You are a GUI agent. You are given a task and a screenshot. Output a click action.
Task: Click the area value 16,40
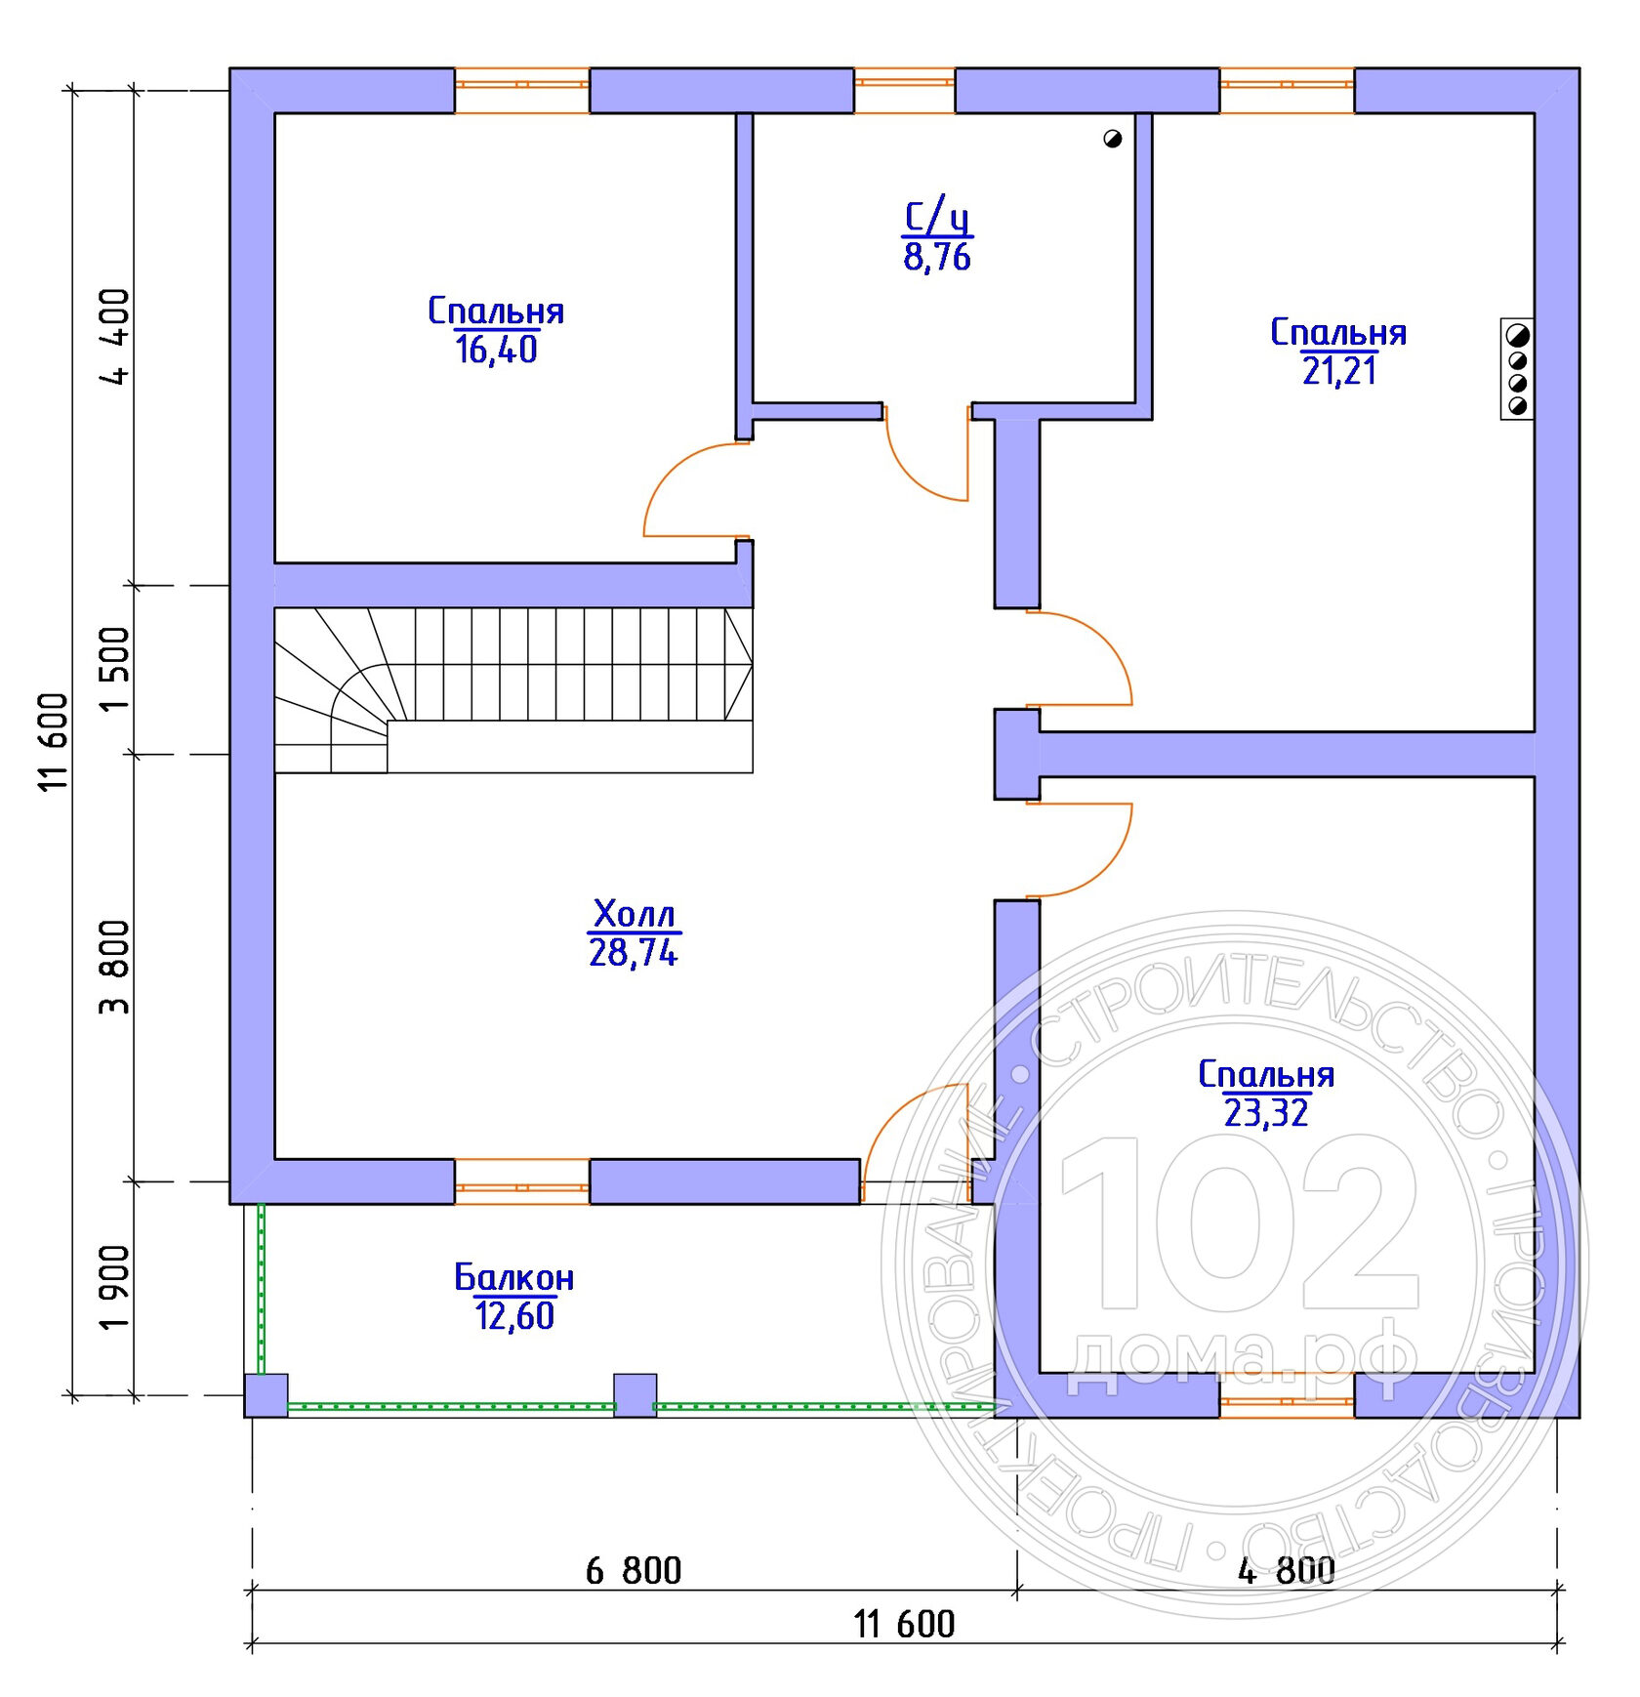pos(496,350)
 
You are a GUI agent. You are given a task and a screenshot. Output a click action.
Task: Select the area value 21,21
pos(1338,371)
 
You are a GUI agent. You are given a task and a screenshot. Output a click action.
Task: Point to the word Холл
pos(634,914)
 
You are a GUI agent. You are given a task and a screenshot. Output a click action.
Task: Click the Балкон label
pos(514,1277)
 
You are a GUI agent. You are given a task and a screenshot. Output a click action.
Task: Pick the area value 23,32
pos(1265,1113)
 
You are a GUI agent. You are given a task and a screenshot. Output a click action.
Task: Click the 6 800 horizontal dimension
pos(634,1571)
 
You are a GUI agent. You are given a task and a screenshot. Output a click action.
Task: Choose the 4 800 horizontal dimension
pos(1286,1571)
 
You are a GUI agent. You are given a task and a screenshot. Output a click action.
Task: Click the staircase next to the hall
pos(513,690)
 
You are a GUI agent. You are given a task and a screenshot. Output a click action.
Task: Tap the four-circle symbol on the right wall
pos(1517,369)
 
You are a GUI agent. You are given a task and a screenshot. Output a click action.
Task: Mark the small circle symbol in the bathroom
pos(1112,139)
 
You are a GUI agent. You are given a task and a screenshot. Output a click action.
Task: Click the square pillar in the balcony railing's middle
pos(635,1395)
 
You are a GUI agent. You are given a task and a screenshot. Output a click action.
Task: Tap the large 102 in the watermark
pos(1240,1222)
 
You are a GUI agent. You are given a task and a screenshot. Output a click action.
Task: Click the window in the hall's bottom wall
pos(522,1181)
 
